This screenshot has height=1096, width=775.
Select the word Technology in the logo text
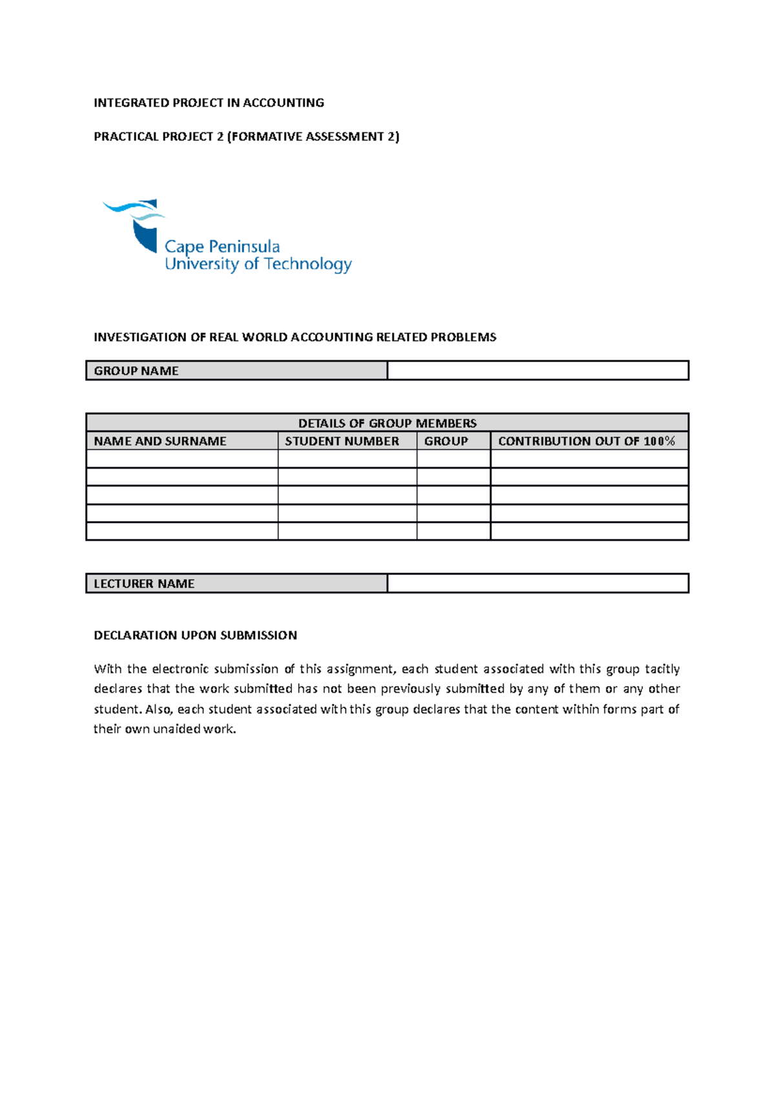tap(307, 264)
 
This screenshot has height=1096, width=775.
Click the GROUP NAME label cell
tap(236, 371)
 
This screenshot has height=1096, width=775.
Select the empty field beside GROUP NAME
tap(537, 371)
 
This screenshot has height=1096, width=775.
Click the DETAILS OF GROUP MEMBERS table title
tap(387, 423)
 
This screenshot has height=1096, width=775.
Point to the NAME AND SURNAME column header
tap(160, 441)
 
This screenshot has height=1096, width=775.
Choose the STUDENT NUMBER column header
tap(342, 441)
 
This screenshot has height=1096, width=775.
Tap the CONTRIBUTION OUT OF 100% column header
tap(586, 441)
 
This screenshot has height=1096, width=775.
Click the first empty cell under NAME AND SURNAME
tap(181, 459)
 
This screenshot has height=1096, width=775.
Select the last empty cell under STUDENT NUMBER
tap(347, 531)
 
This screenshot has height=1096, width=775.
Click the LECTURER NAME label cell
tap(236, 584)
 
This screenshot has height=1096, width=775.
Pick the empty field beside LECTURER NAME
tap(537, 584)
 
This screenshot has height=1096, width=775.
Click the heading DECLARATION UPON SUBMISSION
tap(195, 635)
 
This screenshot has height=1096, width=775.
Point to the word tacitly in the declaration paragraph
tap(662, 669)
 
